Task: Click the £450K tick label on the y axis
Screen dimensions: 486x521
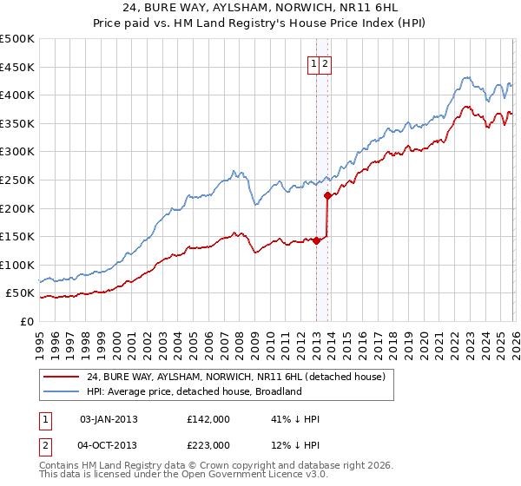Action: click(x=17, y=67)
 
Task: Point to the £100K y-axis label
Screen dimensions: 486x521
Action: click(x=17, y=265)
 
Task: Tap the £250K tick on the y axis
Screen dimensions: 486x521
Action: click(x=17, y=180)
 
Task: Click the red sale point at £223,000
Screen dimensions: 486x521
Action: click(x=327, y=195)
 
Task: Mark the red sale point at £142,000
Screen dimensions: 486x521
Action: click(x=316, y=241)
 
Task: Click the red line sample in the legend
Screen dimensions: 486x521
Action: click(x=62, y=377)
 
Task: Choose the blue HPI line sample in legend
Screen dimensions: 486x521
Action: click(x=62, y=391)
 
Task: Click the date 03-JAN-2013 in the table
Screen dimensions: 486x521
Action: click(x=109, y=419)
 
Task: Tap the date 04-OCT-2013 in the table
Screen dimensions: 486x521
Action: click(x=109, y=445)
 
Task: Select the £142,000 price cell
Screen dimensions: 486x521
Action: click(x=208, y=419)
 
